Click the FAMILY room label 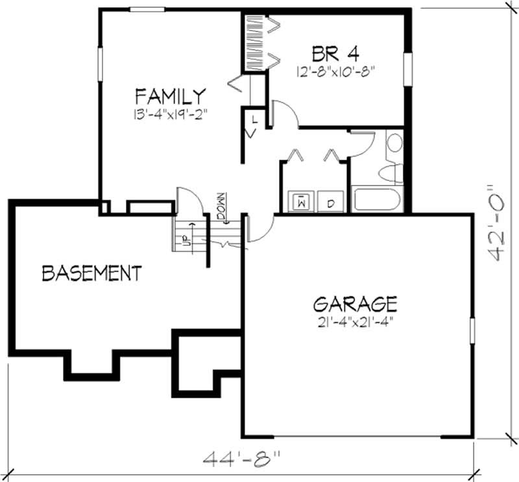click(x=170, y=97)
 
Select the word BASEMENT click(x=91, y=273)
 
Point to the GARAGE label click(x=355, y=304)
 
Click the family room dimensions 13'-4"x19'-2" click(x=170, y=115)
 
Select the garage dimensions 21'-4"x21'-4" click(x=356, y=320)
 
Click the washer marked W click(x=301, y=202)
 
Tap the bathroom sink click(x=394, y=143)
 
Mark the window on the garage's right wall click(x=472, y=330)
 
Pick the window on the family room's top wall click(x=146, y=9)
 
